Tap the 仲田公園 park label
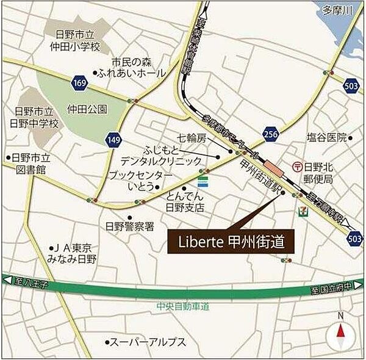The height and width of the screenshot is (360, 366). tap(87, 110)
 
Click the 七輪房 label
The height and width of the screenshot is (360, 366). tap(192, 139)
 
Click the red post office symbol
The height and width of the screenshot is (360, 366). tap(298, 165)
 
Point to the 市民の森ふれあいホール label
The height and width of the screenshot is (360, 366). tap(138, 67)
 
